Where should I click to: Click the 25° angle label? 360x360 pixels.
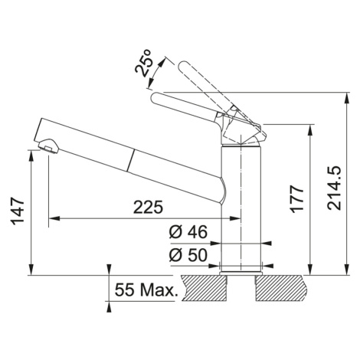[x=144, y=63]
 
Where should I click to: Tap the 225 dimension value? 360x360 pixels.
[x=149, y=207]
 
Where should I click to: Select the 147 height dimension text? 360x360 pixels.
[x=18, y=211]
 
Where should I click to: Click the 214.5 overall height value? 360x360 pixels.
[x=335, y=188]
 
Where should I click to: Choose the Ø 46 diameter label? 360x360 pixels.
[x=188, y=232]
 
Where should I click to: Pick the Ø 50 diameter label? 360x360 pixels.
[x=188, y=255]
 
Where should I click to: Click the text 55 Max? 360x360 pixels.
[x=146, y=290]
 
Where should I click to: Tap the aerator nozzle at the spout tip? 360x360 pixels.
[x=48, y=146]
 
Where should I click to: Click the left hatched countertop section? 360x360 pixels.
[x=205, y=288]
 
